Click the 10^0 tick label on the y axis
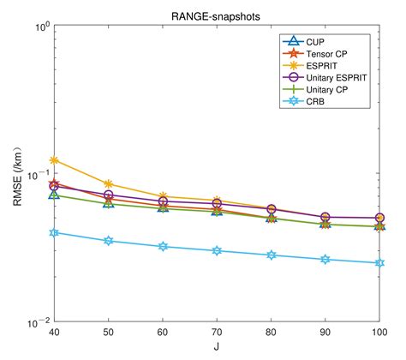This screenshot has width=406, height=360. coord(38,26)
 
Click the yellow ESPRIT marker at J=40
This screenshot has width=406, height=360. coord(54,160)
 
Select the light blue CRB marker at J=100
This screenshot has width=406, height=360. coord(379,263)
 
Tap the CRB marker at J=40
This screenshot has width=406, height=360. coord(54,232)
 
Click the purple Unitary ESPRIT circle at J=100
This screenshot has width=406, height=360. coord(379,218)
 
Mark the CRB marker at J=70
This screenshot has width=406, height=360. coord(217,251)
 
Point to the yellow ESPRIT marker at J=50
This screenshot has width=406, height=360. coord(108,183)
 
